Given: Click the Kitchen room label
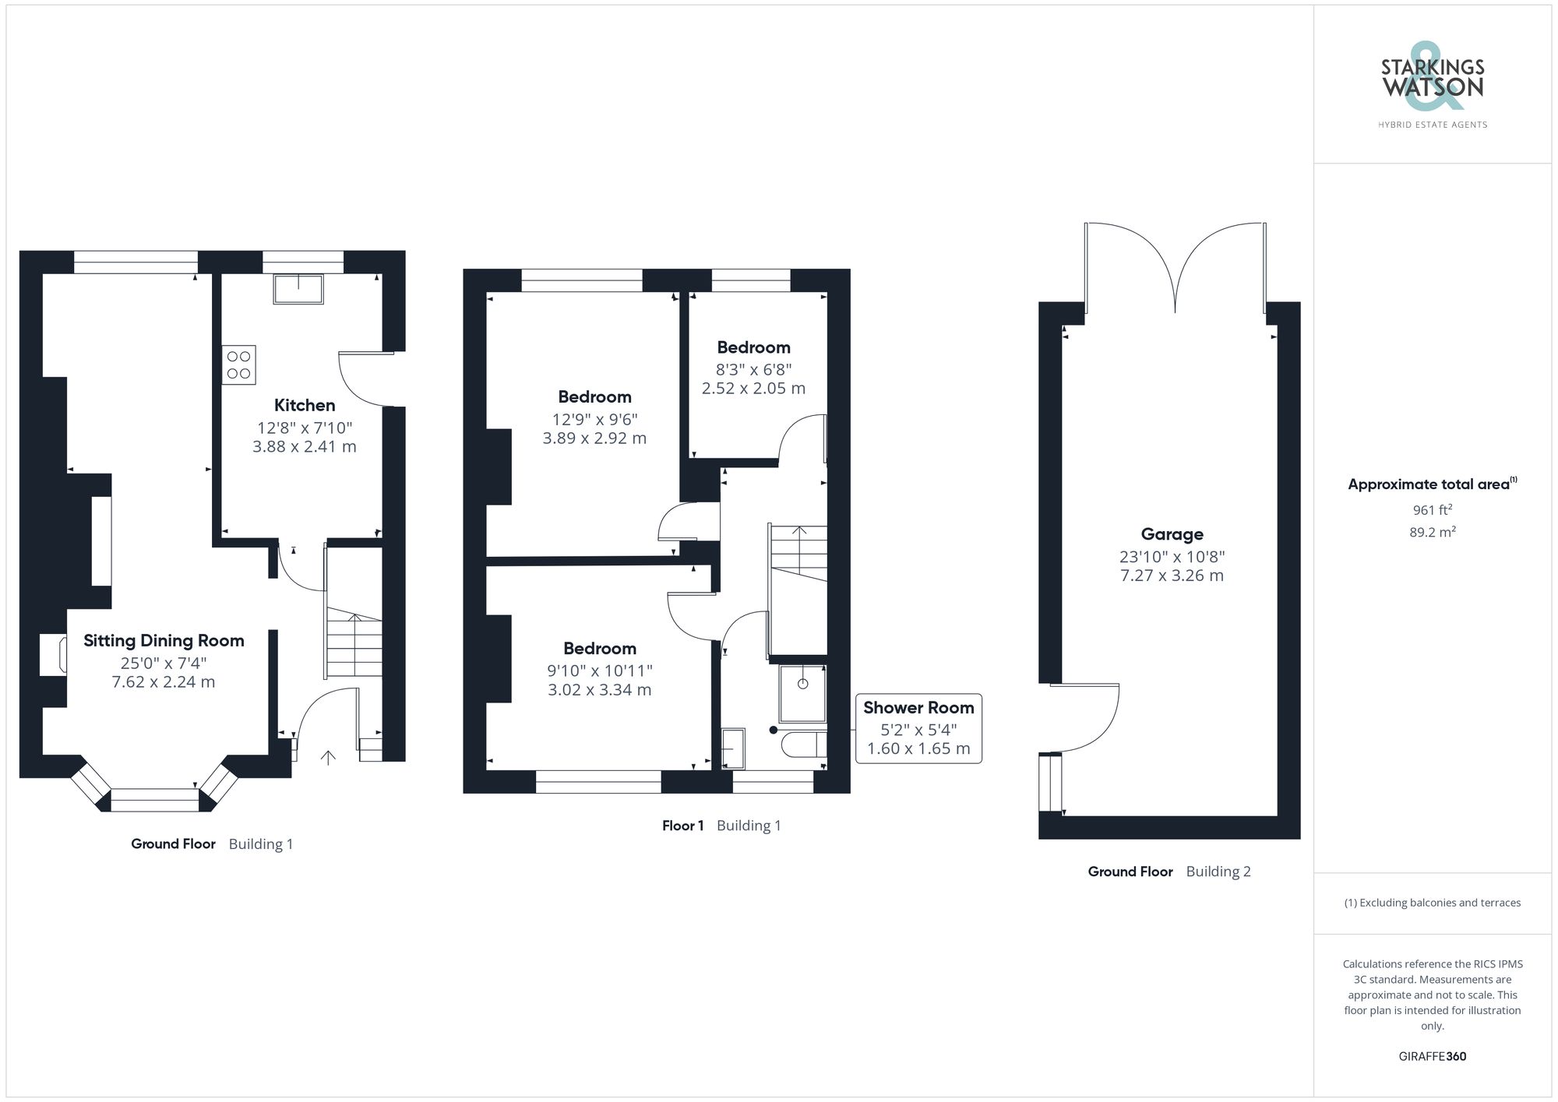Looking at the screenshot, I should coord(305,405).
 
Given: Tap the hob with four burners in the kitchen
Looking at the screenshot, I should coord(238,365).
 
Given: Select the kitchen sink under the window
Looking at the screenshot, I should coord(298,289).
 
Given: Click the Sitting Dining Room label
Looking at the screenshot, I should coord(164,641).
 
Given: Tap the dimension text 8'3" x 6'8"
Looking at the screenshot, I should coord(753,369).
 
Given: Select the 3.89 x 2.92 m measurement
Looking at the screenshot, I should coord(594,438).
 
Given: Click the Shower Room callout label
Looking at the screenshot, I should coord(918,708).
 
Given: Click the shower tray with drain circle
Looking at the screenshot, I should coord(802,692).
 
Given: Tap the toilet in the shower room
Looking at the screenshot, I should coord(803,745).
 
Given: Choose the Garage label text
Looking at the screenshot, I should coord(1172,534).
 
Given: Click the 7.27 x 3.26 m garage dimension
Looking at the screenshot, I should coord(1172,576).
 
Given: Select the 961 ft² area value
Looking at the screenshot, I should coord(1432,510).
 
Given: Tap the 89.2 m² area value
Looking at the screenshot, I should coord(1432,533).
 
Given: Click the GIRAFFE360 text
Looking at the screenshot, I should coord(1432,1056).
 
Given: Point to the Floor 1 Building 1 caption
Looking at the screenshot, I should coord(721,826).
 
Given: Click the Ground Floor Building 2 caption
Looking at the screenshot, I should coord(1168,871).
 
